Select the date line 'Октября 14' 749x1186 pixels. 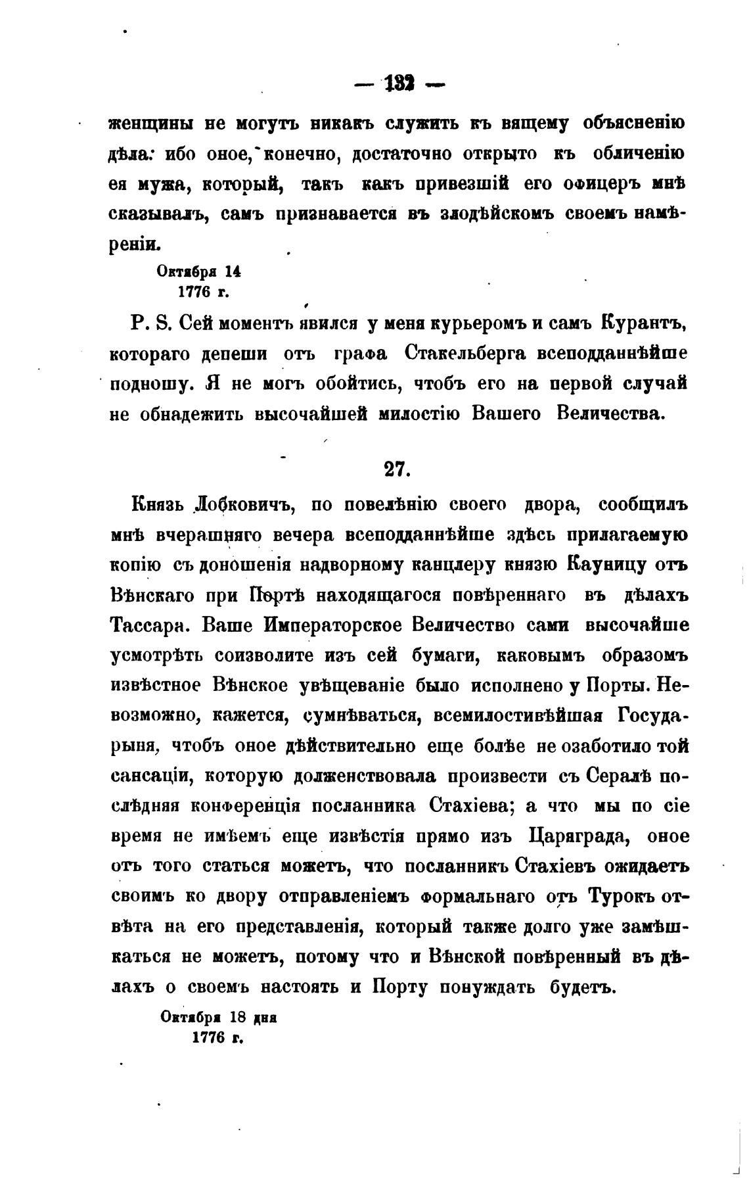[190, 271]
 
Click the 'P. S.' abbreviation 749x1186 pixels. [150, 324]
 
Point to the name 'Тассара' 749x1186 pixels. [147, 626]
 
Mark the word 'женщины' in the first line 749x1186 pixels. [150, 124]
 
